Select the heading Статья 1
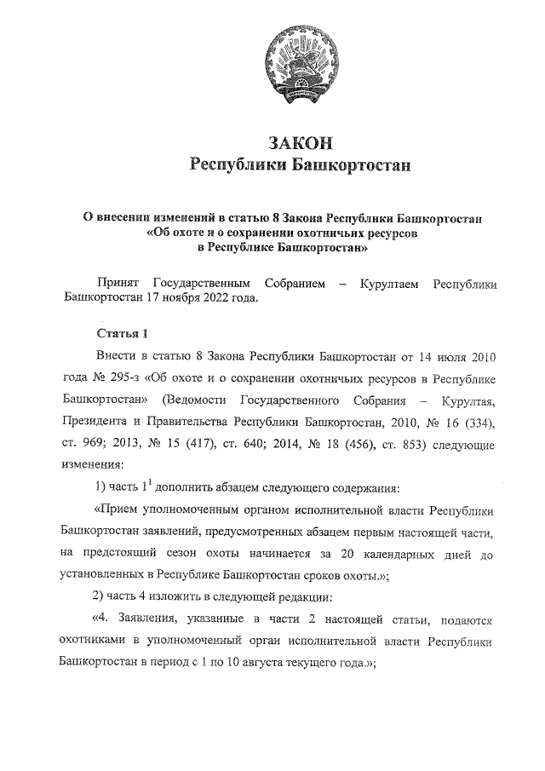pyautogui.click(x=123, y=332)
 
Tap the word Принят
pyautogui.click(x=119, y=282)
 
